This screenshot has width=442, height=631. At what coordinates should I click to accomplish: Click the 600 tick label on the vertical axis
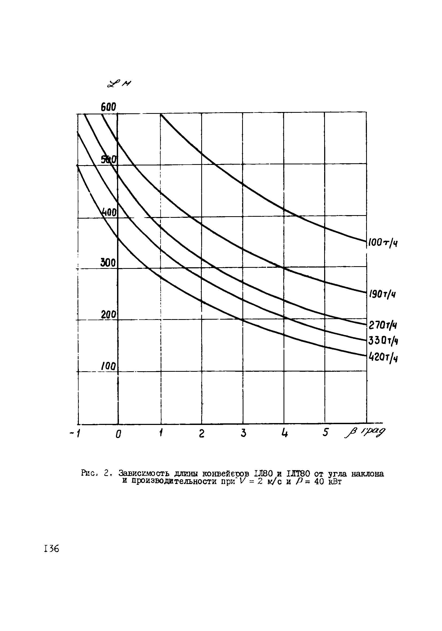[108, 107]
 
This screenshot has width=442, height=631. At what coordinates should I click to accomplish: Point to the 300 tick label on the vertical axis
[108, 263]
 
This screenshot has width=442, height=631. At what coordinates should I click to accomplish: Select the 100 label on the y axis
[108, 366]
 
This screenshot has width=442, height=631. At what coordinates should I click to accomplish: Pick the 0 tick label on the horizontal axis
[118, 434]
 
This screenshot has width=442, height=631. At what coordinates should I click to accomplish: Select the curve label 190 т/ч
[382, 295]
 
